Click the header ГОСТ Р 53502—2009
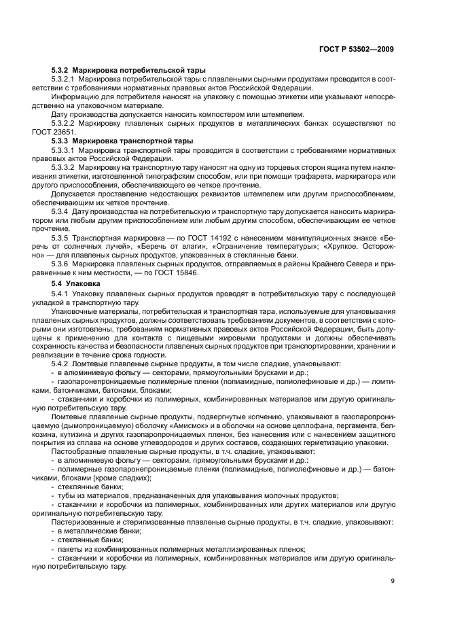pos(360,49)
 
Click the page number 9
pos(393,580)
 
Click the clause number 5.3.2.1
pos(65,79)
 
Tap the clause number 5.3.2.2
pos(65,123)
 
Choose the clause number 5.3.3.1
pos(65,149)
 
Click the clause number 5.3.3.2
pos(65,166)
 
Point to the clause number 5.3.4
pos(61,211)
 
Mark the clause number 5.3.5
pos(61,237)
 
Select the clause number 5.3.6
pos(61,264)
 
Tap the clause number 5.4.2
pos(61,363)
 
